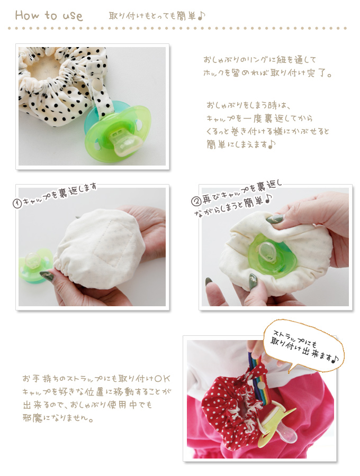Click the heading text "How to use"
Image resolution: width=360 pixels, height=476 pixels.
pyautogui.click(x=49, y=15)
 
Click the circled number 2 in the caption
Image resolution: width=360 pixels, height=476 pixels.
pyautogui.click(x=196, y=200)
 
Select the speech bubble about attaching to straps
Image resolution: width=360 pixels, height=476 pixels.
pyautogui.click(x=304, y=346)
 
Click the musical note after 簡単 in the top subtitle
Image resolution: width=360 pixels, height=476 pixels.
pyautogui.click(x=201, y=16)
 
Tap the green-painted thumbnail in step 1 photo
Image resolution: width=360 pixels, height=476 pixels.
pyautogui.click(x=47, y=276)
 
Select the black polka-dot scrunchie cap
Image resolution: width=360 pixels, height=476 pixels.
pyautogui.click(x=58, y=85)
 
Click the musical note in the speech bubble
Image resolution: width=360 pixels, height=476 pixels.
pyautogui.click(x=335, y=360)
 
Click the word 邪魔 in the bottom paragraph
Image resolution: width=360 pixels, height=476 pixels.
pyautogui.click(x=33, y=418)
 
